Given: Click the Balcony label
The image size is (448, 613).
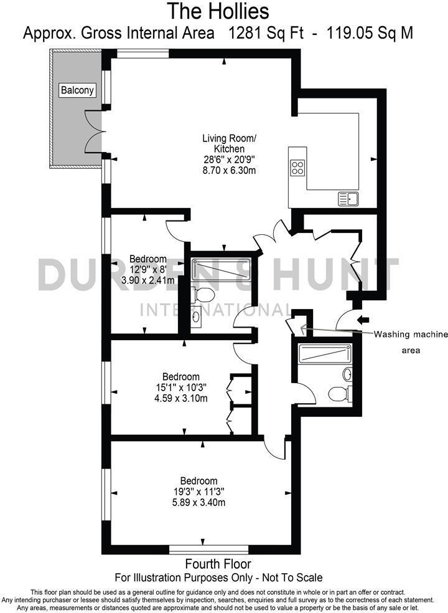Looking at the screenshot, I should [x=78, y=90].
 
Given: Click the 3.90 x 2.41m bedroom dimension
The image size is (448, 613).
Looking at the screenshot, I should [x=148, y=280].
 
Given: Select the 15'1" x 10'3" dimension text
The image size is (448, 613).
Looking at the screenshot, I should [x=180, y=387].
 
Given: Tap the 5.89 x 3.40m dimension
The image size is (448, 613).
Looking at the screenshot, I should [x=199, y=502].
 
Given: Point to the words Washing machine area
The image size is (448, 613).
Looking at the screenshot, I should [x=410, y=342].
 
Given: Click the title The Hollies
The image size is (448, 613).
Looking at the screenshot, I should [x=218, y=11].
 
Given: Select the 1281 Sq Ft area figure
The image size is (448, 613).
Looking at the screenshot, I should [x=265, y=32].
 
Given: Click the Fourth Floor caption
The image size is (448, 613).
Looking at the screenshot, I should [x=218, y=565].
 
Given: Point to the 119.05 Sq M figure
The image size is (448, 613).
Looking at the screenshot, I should [x=367, y=32].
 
